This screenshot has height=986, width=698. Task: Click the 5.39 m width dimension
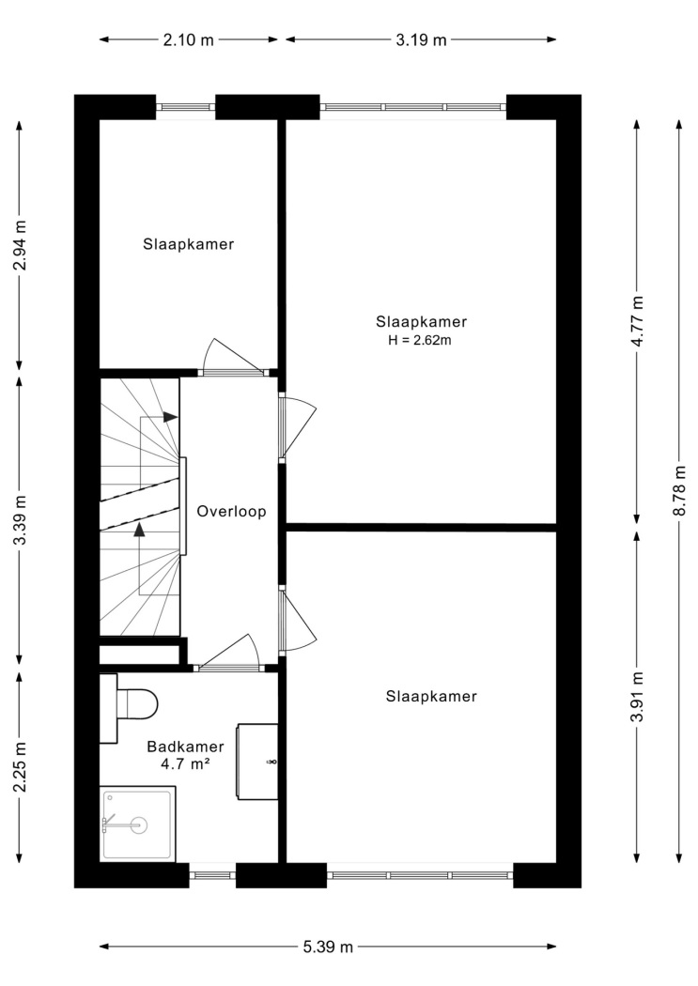(x=328, y=947)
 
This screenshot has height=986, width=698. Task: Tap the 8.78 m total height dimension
(x=679, y=490)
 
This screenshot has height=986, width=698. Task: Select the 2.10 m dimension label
(x=189, y=40)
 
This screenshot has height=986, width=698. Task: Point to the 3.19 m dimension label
(x=421, y=40)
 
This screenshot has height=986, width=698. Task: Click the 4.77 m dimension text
(x=638, y=321)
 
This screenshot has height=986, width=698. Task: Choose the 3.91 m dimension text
(x=638, y=697)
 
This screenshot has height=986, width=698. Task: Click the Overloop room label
(x=231, y=511)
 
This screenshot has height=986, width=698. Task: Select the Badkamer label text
(x=185, y=747)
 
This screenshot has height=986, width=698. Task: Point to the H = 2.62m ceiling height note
(x=420, y=341)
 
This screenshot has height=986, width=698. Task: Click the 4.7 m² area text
(x=185, y=764)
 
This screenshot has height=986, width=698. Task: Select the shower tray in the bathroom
(x=138, y=824)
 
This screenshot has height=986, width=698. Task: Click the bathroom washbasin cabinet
(x=257, y=762)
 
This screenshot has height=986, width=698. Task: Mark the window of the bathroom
(x=212, y=874)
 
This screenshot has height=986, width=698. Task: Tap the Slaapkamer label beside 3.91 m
(x=431, y=696)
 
